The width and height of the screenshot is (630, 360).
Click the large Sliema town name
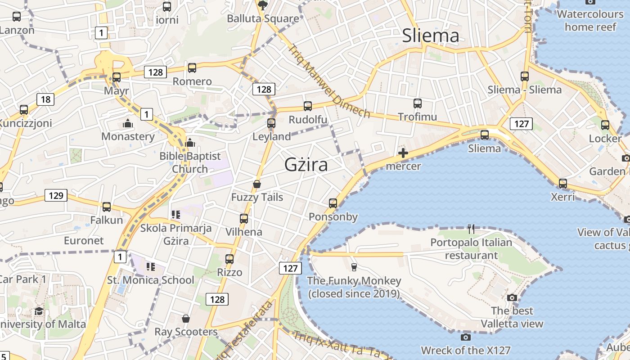pyautogui.click(x=431, y=36)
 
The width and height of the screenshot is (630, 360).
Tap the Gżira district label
pyautogui.click(x=306, y=165)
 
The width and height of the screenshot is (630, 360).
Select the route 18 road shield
pyautogui.click(x=45, y=99)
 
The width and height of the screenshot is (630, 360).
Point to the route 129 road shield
pyautogui.click(x=56, y=195)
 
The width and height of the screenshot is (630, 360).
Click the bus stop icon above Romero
pyautogui.click(x=192, y=68)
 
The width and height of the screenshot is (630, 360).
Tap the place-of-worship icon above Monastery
pyautogui.click(x=128, y=123)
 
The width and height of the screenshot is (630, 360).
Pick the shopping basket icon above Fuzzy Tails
pyautogui.click(x=257, y=184)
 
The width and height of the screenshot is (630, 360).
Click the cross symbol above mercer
pyautogui.click(x=403, y=153)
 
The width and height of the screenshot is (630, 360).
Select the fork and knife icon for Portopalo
pyautogui.click(x=471, y=229)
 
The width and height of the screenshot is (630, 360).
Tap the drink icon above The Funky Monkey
pyautogui.click(x=354, y=267)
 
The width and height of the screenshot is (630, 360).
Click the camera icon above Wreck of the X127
pyautogui.click(x=466, y=337)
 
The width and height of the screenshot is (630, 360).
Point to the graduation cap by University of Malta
pyautogui.click(x=39, y=311)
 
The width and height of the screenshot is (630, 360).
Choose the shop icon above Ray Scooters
pyautogui.click(x=186, y=319)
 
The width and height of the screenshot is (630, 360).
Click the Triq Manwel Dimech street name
pyautogui.click(x=330, y=81)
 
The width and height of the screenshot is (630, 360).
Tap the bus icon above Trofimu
pyautogui.click(x=418, y=103)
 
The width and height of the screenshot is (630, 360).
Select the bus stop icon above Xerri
pyautogui.click(x=563, y=184)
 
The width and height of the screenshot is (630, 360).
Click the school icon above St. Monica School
pyautogui.click(x=150, y=267)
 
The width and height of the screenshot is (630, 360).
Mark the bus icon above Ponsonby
pyautogui.click(x=333, y=203)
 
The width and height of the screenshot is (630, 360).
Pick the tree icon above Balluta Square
pyautogui.click(x=262, y=5)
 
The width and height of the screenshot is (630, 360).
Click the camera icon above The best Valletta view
pyautogui.click(x=512, y=297)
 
